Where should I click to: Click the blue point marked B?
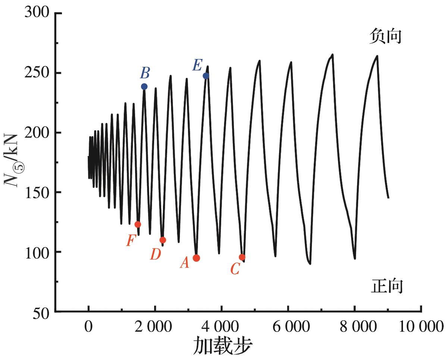(144, 87)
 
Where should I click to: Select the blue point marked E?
(206, 76)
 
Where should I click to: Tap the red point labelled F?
(138, 224)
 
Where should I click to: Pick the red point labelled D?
(163, 240)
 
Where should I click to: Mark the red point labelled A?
(196, 258)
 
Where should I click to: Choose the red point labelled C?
(242, 257)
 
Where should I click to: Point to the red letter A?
(184, 264)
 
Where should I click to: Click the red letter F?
(130, 241)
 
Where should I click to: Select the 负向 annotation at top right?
(385, 37)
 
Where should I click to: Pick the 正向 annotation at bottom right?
(387, 287)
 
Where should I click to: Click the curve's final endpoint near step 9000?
(388, 198)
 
